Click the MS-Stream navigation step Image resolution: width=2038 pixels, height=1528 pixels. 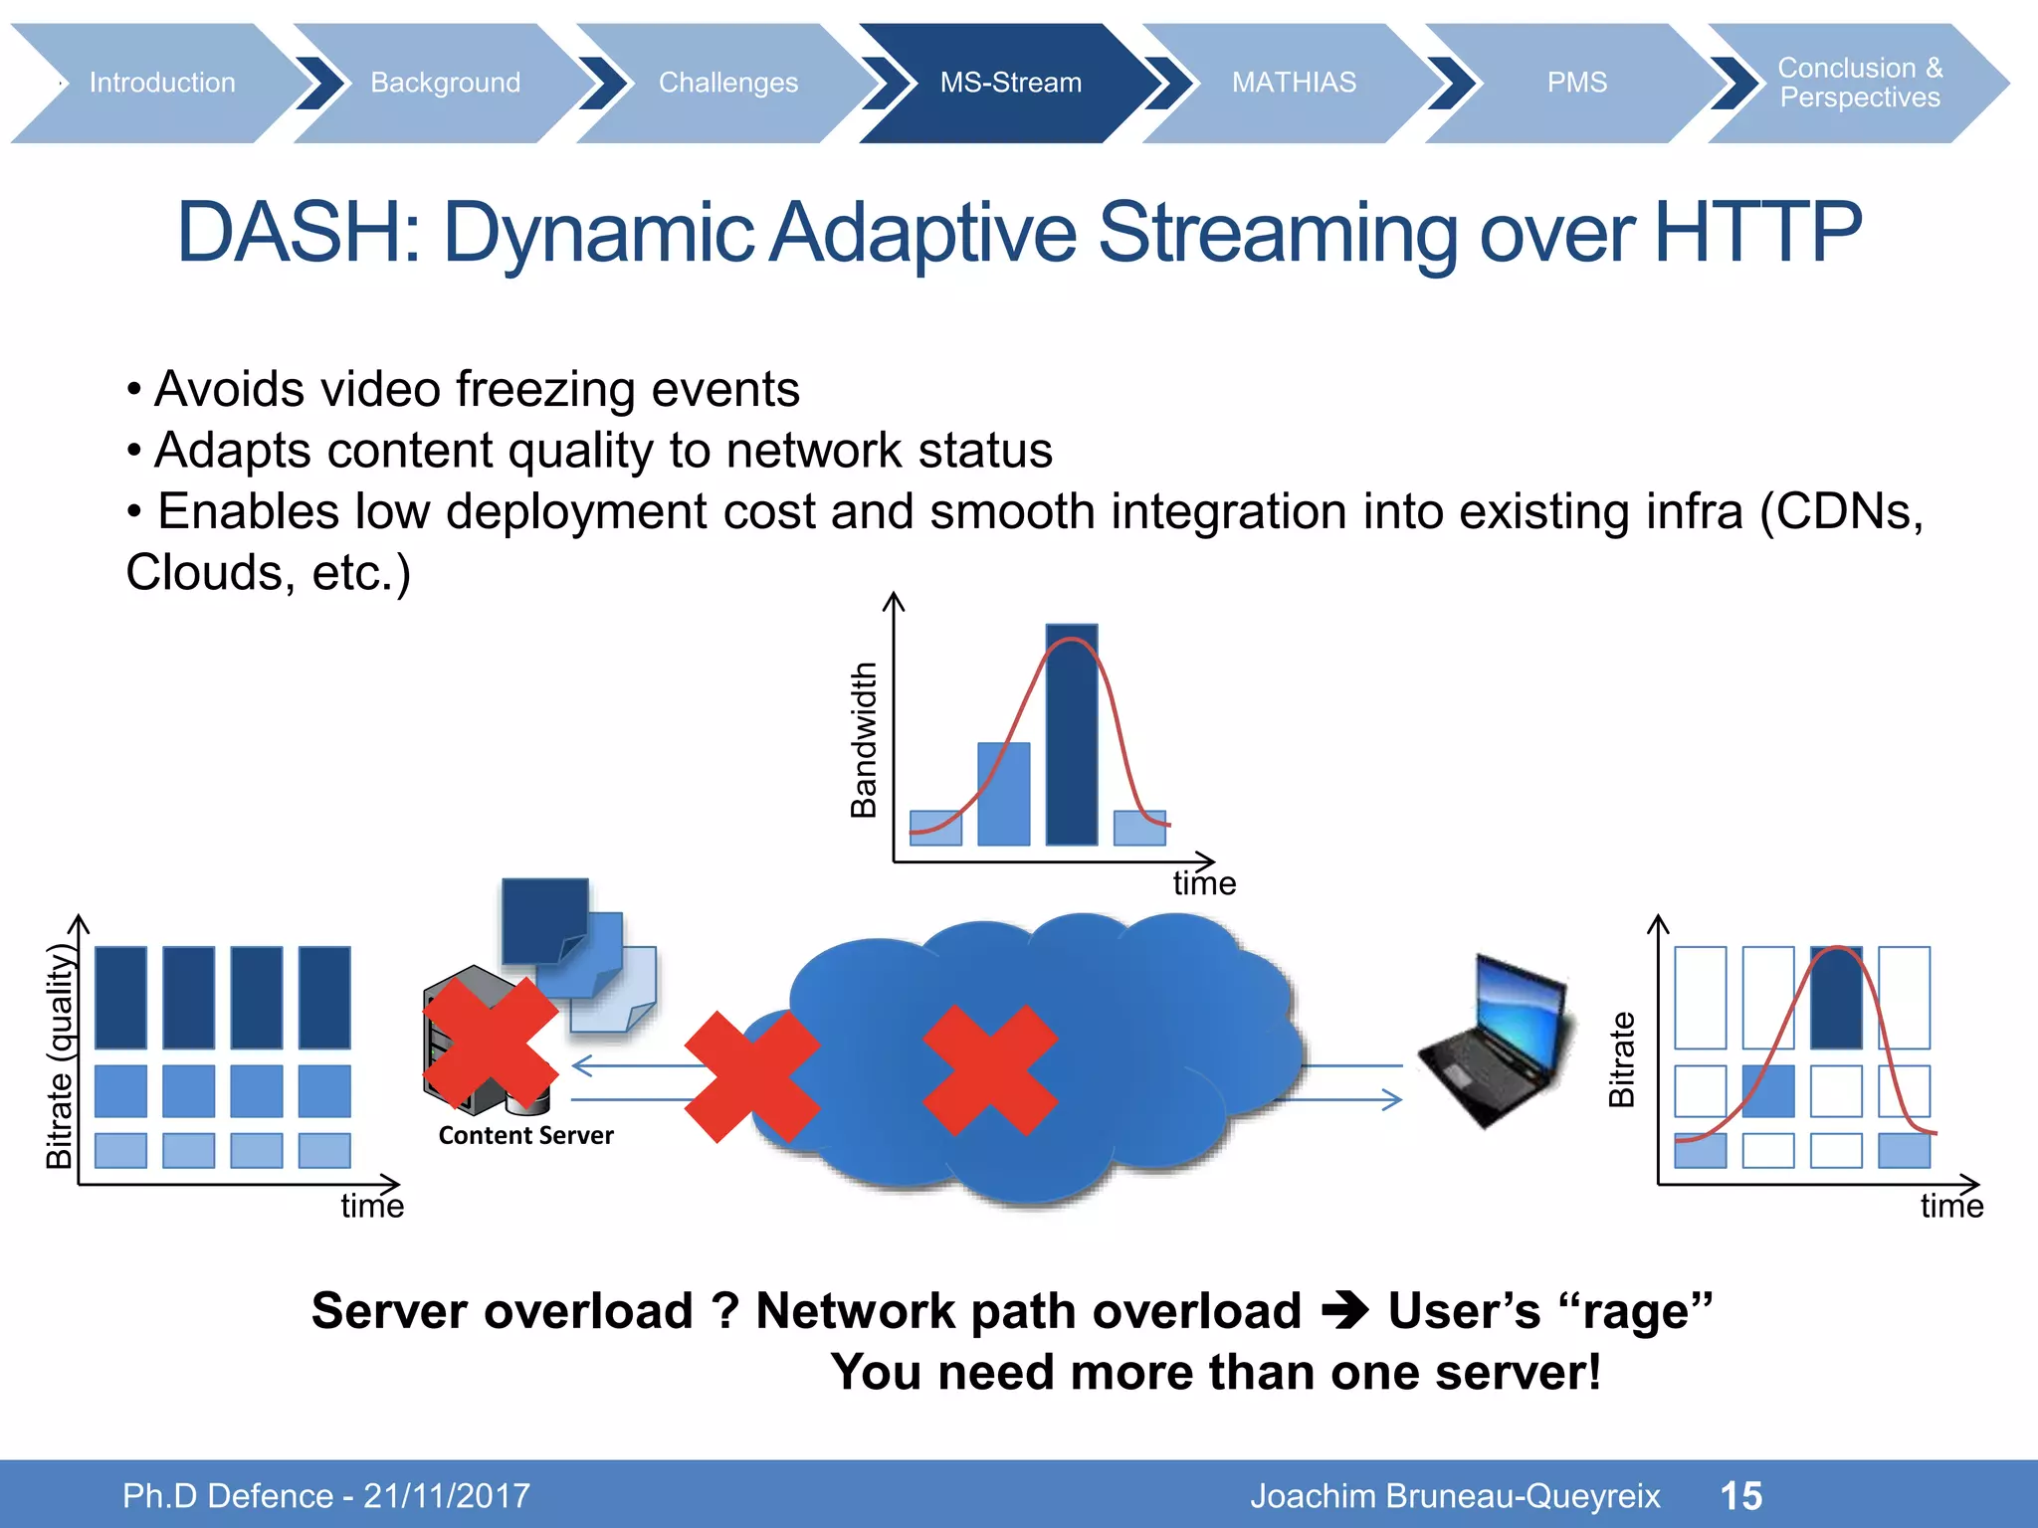(x=1009, y=83)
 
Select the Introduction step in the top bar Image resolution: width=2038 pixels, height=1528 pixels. (x=162, y=83)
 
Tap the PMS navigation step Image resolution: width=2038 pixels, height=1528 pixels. (x=1576, y=83)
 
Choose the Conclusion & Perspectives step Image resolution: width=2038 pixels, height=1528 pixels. (x=1859, y=83)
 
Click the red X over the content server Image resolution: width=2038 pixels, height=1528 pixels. (x=490, y=1043)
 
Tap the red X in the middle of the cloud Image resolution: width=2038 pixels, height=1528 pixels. (x=989, y=1069)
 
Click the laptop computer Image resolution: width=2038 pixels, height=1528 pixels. (x=1497, y=1040)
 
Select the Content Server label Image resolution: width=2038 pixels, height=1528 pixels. (x=525, y=1135)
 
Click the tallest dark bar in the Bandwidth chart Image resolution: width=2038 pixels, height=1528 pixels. (x=1072, y=736)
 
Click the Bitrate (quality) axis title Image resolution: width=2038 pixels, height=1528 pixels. (x=60, y=1056)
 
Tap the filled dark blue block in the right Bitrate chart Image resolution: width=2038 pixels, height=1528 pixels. (x=1836, y=998)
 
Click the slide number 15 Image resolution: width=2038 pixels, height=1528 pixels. (x=1740, y=1495)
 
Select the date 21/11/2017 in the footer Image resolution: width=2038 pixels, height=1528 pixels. (x=447, y=1495)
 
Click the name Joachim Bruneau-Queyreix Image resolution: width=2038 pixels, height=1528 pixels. (x=1454, y=1495)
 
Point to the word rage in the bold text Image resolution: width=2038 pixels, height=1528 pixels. (x=1636, y=1311)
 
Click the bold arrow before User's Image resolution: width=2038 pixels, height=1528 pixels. (x=1345, y=1311)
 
